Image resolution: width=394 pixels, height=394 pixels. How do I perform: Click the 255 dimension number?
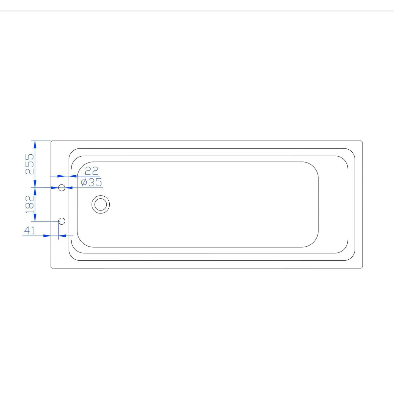point(30,164)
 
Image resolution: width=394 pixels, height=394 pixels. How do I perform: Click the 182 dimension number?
point(30,204)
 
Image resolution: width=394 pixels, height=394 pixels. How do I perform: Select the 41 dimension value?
point(30,230)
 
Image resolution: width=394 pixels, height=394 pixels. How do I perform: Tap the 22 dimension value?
point(91,171)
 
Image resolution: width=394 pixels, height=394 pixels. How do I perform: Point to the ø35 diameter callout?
point(91,182)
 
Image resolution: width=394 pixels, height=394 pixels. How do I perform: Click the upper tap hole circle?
point(62,187)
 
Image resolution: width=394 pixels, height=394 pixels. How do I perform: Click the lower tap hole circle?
point(62,221)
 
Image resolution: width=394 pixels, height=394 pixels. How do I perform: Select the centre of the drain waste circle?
point(100,205)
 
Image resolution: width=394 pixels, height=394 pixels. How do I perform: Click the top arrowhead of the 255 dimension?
point(35,144)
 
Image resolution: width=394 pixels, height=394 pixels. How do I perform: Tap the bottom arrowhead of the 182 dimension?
point(35,218)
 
